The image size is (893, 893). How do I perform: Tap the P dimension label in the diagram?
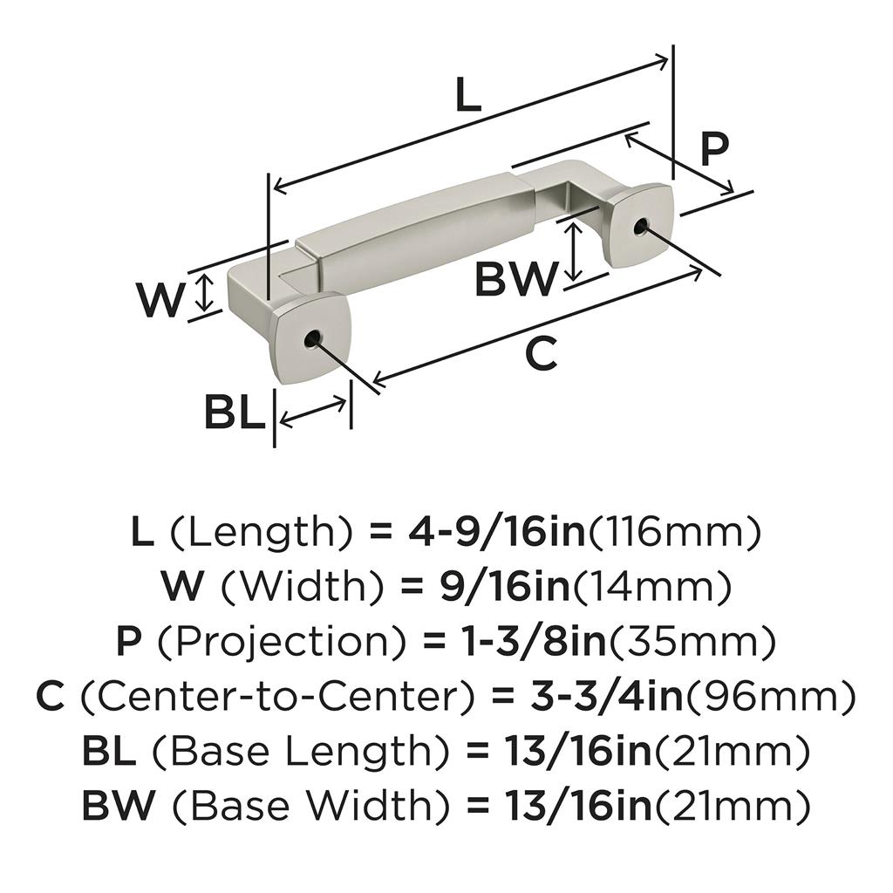click(x=714, y=149)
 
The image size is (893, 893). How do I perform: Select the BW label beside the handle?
click(x=515, y=278)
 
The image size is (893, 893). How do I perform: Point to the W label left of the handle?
click(x=161, y=299)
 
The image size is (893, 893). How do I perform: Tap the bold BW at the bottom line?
click(x=118, y=806)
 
